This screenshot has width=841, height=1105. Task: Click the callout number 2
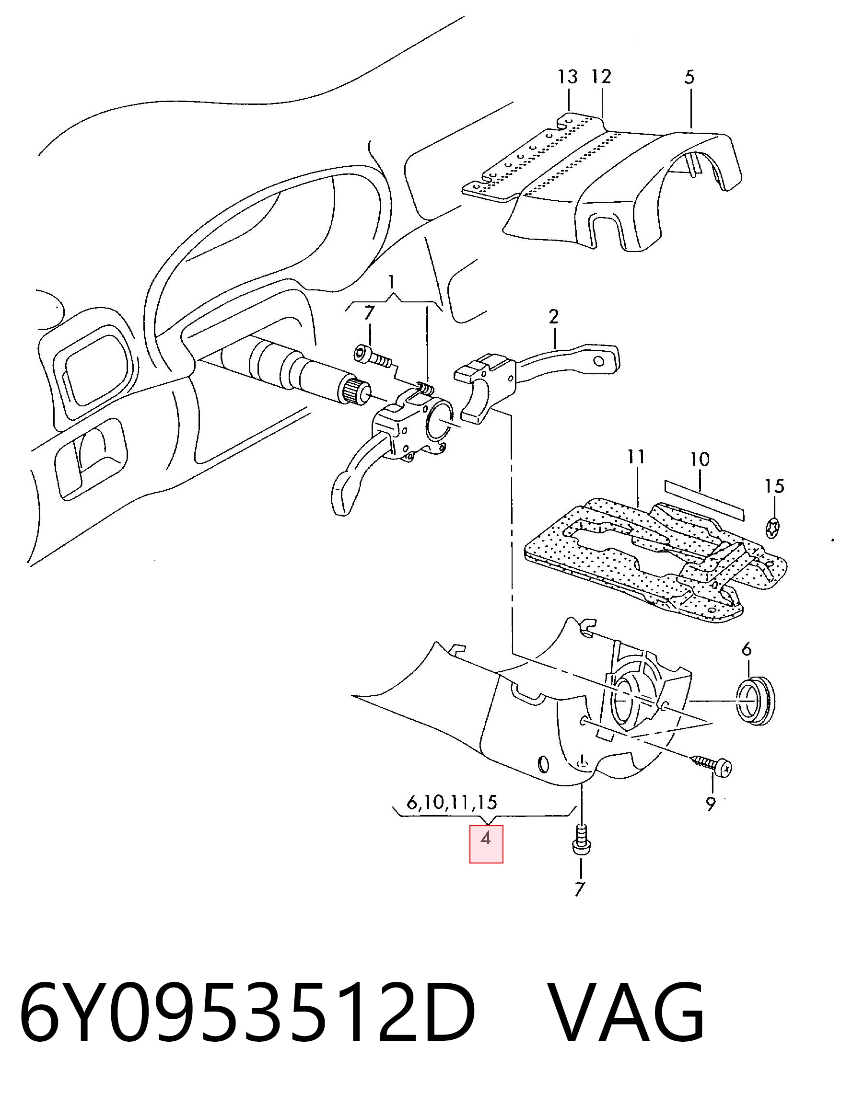point(554,317)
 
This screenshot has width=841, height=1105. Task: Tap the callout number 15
point(774,486)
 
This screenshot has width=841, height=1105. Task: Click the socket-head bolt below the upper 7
point(373,357)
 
